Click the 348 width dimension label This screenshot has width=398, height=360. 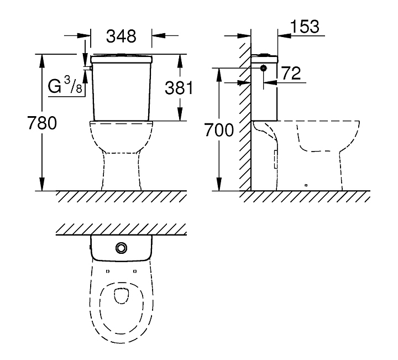click(121, 36)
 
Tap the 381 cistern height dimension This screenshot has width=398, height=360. click(179, 88)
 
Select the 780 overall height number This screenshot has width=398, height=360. click(42, 123)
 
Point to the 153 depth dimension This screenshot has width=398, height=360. click(305, 27)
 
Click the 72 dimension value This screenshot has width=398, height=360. click(291, 74)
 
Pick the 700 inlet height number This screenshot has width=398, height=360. click(219, 130)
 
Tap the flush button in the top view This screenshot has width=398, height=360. click(121, 248)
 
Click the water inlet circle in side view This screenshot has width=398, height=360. click(264, 68)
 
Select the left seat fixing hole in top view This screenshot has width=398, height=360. click(108, 272)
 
